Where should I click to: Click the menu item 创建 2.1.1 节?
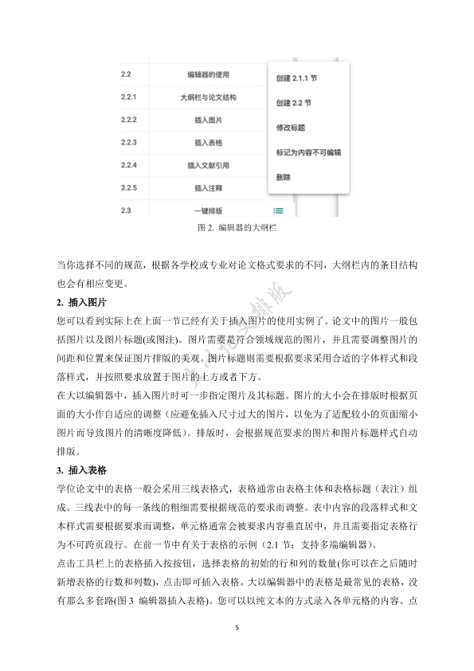296,79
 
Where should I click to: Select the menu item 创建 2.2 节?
293,103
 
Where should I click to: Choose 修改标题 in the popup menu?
290,128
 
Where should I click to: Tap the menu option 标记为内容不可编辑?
308,151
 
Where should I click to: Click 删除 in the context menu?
283,175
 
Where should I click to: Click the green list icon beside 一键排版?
278,210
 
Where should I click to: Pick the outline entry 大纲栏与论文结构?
208,97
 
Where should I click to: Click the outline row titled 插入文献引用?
208,166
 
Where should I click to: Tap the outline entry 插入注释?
208,188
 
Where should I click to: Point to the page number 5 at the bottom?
237,627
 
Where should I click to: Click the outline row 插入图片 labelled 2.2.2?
208,120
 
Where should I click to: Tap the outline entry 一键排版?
208,210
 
